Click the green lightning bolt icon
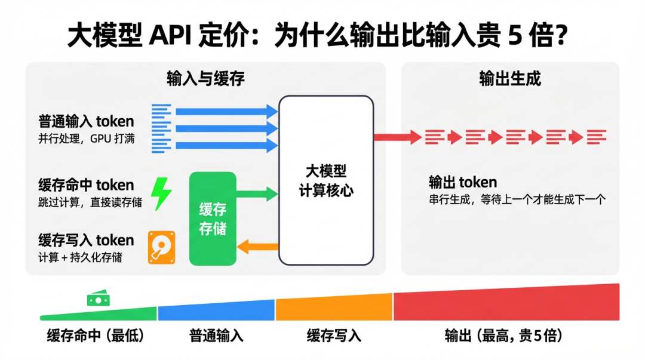pos(161,193)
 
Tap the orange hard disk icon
pos(160,248)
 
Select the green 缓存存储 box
pos(213,219)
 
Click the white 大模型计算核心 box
pos(326,180)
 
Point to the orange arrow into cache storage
pos(258,245)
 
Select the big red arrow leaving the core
pos(398,137)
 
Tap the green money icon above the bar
pos(98,299)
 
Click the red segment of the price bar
pos(506,304)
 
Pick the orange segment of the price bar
pos(334,308)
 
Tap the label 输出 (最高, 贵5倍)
pos(503,336)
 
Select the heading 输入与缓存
pos(205,79)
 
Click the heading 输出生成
pos(509,79)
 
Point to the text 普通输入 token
pos(87,122)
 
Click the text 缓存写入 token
pos(87,240)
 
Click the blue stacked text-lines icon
pos(161,128)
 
